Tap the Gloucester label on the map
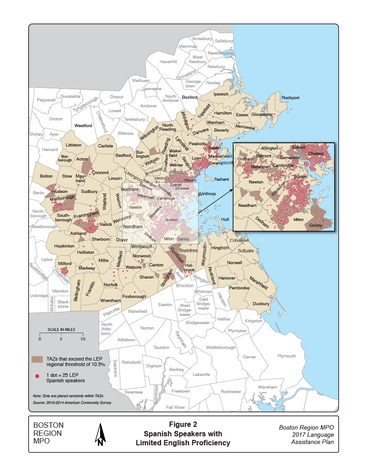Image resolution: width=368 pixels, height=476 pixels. [x=262, y=114]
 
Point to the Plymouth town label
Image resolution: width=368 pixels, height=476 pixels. [x=286, y=356]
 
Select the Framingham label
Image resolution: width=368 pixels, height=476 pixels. [x=86, y=215]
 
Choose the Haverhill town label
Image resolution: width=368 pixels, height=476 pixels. [x=168, y=61]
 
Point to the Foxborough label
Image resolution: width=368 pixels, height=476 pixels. [x=134, y=297]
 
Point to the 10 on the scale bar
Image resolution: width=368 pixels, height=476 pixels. [x=82, y=339]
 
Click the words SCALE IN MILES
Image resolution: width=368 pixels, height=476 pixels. [x=61, y=330]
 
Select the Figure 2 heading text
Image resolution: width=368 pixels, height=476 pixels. [x=183, y=424]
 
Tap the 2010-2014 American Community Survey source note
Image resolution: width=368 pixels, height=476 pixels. [x=72, y=403]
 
